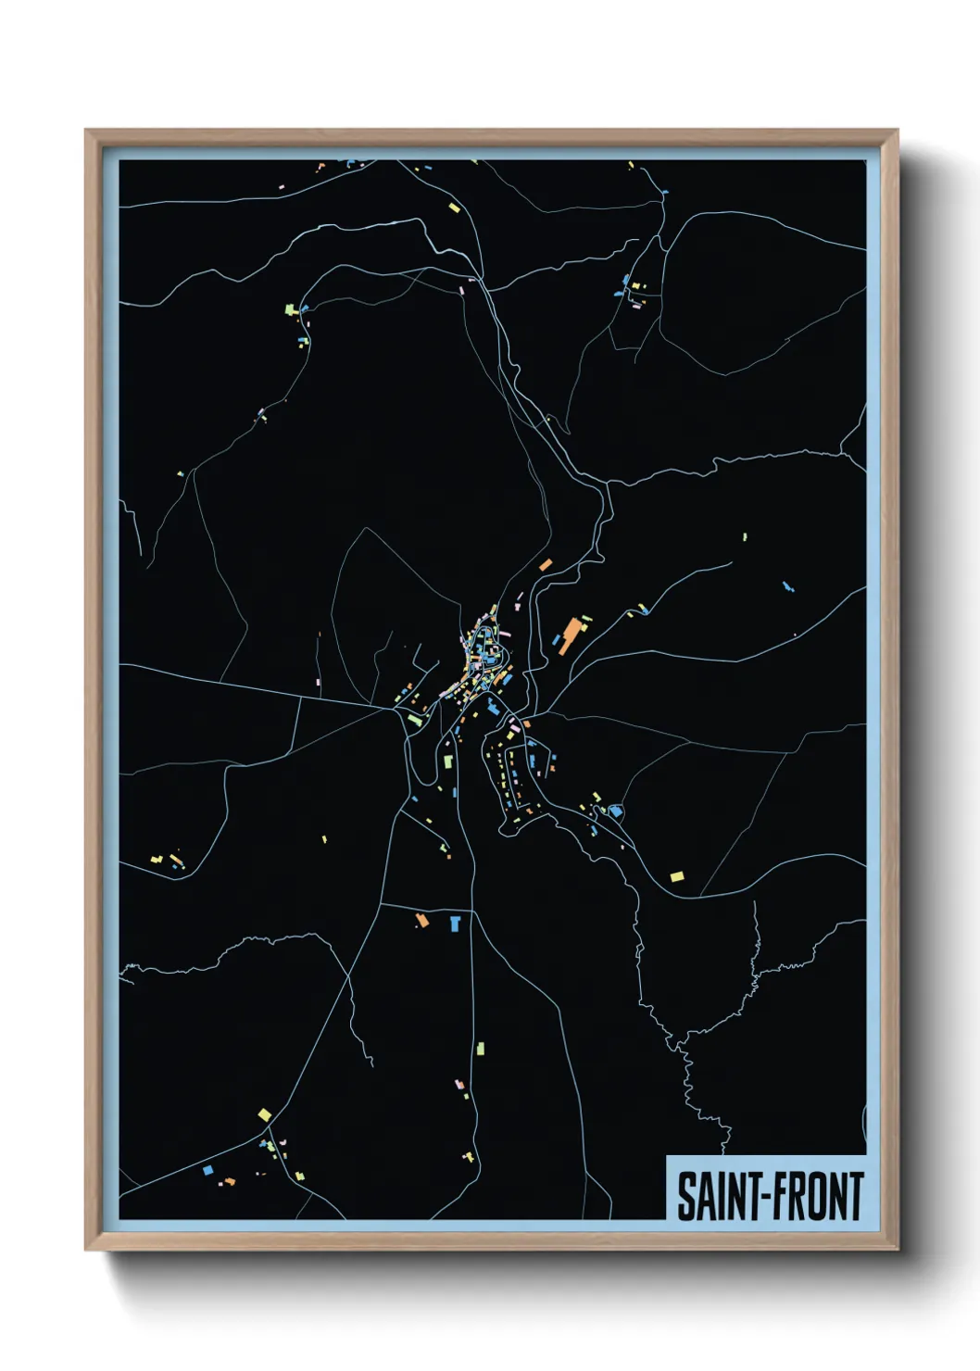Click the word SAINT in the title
pyautogui.click(x=713, y=1196)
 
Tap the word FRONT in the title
pyautogui.click(x=818, y=1196)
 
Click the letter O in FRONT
pyautogui.click(x=820, y=1196)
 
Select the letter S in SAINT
pyautogui.click(x=685, y=1196)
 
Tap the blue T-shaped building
pyautogui.click(x=455, y=923)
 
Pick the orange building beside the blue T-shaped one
pyautogui.click(x=421, y=920)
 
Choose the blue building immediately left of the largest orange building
pyautogui.click(x=556, y=640)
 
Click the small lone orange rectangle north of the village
pyautogui.click(x=546, y=564)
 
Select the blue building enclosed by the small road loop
pyautogui.click(x=614, y=811)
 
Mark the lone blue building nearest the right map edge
pyautogui.click(x=788, y=586)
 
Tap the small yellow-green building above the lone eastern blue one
pyautogui.click(x=745, y=536)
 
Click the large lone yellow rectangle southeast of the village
pyautogui.click(x=677, y=875)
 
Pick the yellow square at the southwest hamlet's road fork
pyautogui.click(x=265, y=1114)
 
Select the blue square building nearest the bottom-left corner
pyautogui.click(x=207, y=1170)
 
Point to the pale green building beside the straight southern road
pyautogui.click(x=480, y=1049)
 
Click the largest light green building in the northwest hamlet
pyautogui.click(x=289, y=308)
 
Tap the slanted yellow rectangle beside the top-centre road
pyautogui.click(x=454, y=208)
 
